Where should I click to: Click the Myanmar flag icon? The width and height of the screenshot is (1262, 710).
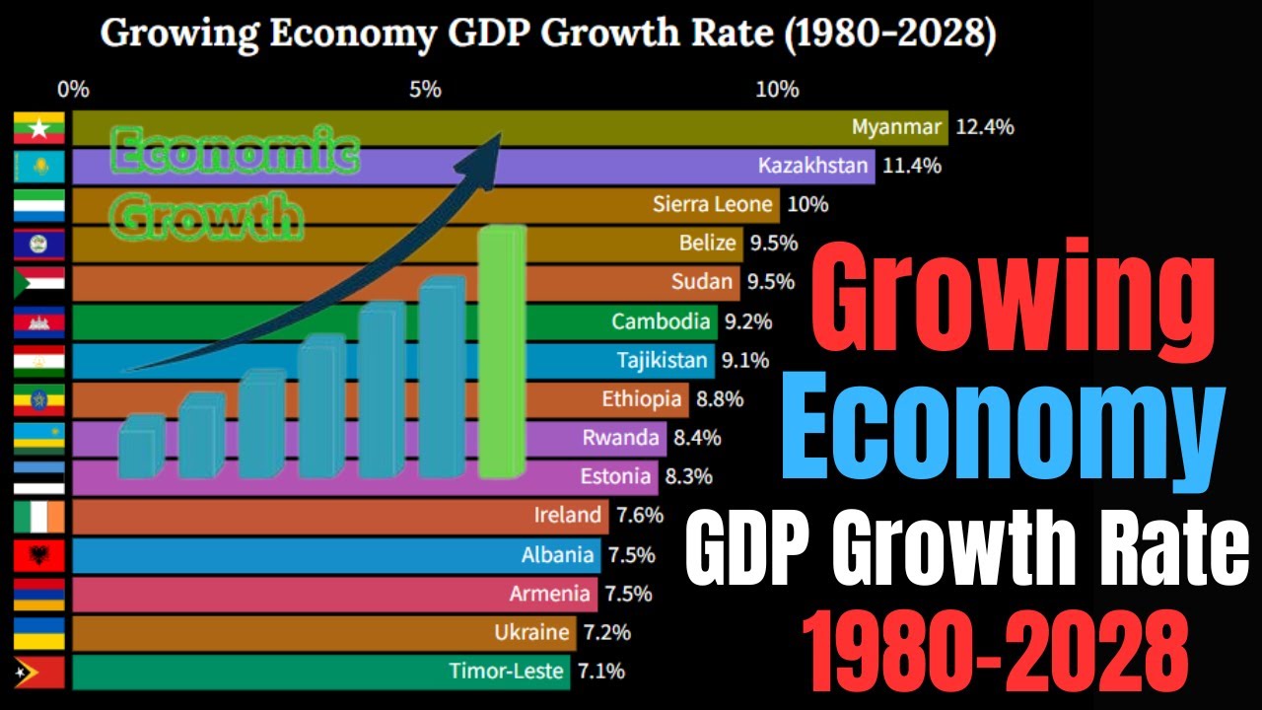(39, 128)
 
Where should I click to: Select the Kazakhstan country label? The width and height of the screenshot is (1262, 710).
(813, 166)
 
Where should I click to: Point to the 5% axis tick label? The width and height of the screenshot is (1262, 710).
(425, 90)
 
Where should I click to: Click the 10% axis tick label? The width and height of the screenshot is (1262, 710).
(777, 90)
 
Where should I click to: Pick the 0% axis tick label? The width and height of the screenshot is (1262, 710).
(74, 90)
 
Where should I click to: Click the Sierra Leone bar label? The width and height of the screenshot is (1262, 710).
(712, 204)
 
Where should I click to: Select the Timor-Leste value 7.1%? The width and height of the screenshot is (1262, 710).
(601, 672)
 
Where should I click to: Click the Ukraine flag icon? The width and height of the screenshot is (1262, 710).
(39, 633)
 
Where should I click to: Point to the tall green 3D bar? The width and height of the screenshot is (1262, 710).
(502, 352)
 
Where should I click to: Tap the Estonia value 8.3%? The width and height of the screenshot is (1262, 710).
(688, 477)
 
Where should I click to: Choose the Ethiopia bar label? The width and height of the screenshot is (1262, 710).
(642, 399)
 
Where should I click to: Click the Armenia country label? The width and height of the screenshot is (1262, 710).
(551, 594)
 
